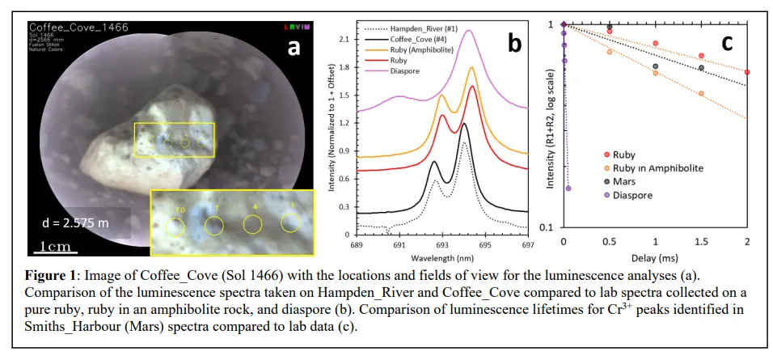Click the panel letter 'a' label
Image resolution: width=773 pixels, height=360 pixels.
pos(294,47)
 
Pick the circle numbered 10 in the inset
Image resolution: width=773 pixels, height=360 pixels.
pos(177,225)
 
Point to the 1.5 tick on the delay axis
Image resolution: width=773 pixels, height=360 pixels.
pos(701,242)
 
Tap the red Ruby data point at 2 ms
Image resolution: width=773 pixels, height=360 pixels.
pos(747,72)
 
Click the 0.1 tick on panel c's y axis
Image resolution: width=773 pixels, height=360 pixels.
pos(550,227)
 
